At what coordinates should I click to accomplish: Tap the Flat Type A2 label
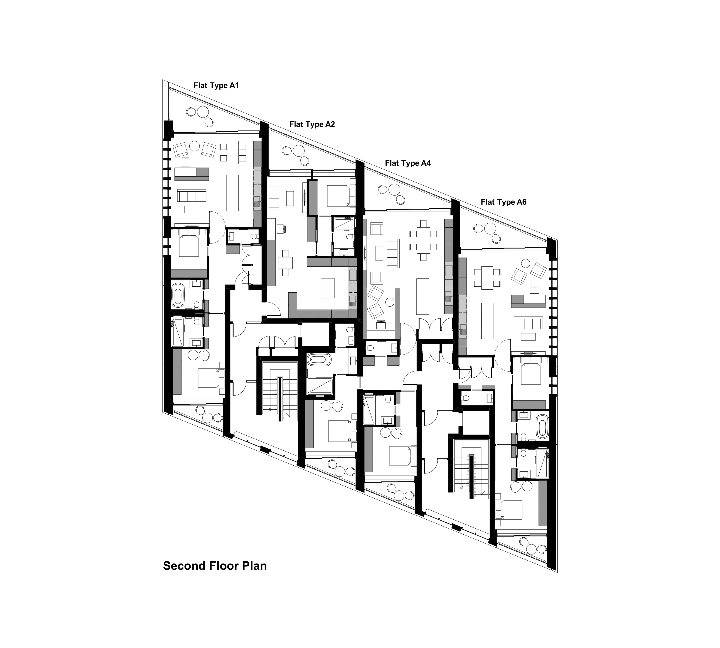312,124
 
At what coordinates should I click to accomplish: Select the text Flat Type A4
408,163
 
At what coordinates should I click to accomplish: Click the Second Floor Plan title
215,566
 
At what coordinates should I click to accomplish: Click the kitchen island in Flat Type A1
232,193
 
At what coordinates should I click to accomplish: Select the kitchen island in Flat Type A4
423,296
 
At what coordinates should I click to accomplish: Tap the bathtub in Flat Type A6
543,426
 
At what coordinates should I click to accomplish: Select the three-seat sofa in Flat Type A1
192,196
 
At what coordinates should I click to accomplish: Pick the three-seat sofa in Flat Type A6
528,323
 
